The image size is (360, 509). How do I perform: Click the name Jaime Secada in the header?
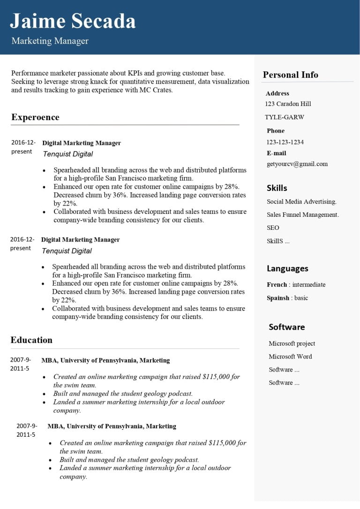[x=73, y=22]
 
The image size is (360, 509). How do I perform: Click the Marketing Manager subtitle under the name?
[x=50, y=41]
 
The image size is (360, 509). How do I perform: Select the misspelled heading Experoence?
[x=35, y=117]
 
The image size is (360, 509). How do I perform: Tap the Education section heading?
[x=31, y=340]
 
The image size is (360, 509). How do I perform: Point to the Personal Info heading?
[x=290, y=75]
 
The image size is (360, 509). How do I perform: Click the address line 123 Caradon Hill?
[x=288, y=104]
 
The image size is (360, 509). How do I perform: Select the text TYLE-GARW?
[x=284, y=117]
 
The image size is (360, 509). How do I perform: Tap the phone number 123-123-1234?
[x=285, y=142]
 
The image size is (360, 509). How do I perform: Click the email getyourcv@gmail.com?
[x=297, y=164]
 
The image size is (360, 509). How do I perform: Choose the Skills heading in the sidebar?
[x=277, y=188]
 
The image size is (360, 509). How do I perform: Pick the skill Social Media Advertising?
[x=301, y=202]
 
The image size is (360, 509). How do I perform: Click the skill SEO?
[x=273, y=228]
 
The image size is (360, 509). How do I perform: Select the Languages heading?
[x=287, y=269]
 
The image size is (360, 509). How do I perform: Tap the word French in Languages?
[x=277, y=285]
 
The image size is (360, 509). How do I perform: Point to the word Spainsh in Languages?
[x=278, y=298]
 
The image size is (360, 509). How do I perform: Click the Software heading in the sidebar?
[x=286, y=327]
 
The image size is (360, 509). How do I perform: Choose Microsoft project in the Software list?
[x=292, y=343]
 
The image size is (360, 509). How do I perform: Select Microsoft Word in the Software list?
[x=290, y=357]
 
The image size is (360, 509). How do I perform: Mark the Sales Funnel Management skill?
[x=302, y=215]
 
